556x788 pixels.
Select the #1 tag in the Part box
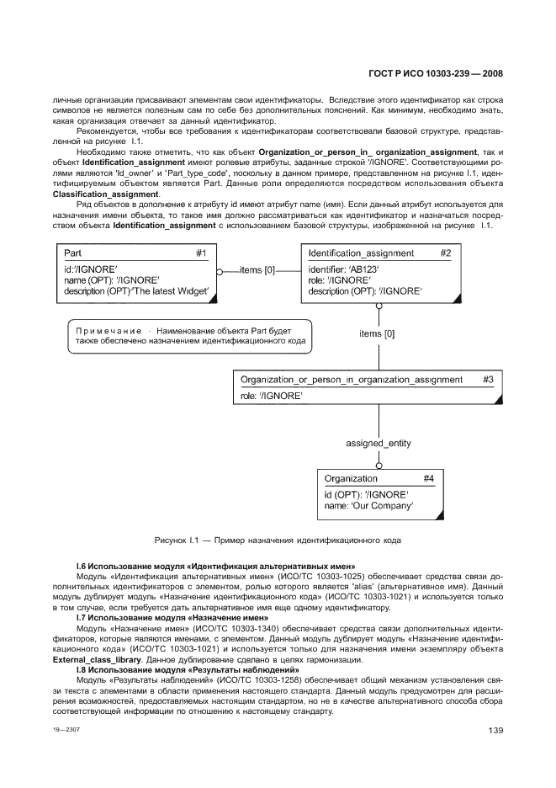[201, 253]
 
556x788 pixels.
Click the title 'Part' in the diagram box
[74, 253]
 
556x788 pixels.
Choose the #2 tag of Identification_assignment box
[445, 253]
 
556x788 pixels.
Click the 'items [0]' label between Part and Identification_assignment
[257, 270]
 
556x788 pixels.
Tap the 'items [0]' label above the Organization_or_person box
[378, 334]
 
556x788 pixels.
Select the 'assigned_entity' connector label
[379, 443]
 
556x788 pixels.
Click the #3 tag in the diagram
[488, 380]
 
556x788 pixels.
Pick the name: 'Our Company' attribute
[368, 506]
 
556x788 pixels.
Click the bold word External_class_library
[112, 659]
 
